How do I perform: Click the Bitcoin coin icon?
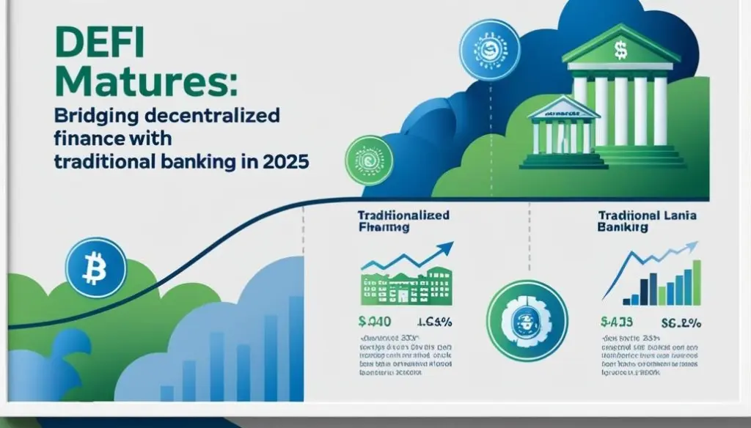tap(96, 267)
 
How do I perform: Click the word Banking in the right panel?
tap(623, 229)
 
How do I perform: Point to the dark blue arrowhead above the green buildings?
tap(445, 251)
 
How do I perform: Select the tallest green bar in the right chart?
tap(697, 282)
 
